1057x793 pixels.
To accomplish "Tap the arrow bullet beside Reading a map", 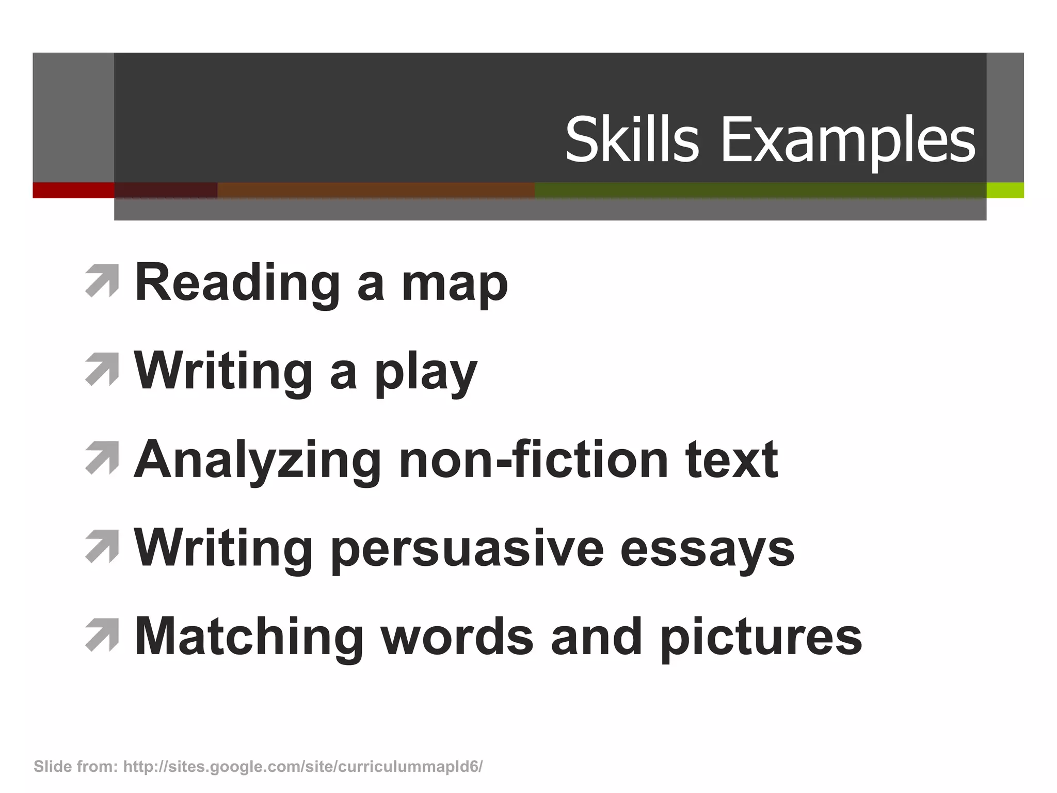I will pyautogui.click(x=102, y=281).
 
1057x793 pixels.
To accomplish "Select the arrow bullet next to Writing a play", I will pyautogui.click(x=102, y=369).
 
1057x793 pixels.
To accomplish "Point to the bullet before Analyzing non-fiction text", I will pyautogui.click(x=102, y=457).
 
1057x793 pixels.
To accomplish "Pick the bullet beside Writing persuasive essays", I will pyautogui.click(x=102, y=546).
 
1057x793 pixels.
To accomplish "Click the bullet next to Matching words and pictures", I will pyautogui.click(x=102, y=635).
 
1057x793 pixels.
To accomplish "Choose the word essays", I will pyautogui.click(x=707, y=550).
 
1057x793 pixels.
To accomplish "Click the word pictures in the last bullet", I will pyautogui.click(x=761, y=638).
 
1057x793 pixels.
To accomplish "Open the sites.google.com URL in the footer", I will pyautogui.click(x=303, y=767).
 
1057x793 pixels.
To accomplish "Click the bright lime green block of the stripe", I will pyautogui.click(x=1005, y=190).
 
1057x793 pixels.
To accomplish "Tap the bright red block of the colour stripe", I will pyautogui.click(x=73, y=190).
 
